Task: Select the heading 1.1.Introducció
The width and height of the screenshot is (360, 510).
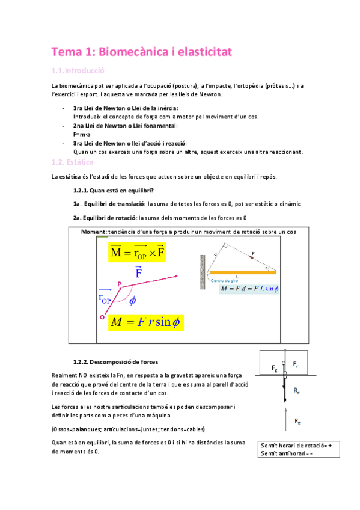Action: [x=79, y=70]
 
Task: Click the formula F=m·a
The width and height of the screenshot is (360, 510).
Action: [x=81, y=134]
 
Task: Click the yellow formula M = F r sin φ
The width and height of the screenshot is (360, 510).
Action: [x=146, y=322]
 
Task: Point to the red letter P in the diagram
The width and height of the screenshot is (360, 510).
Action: [x=119, y=284]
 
